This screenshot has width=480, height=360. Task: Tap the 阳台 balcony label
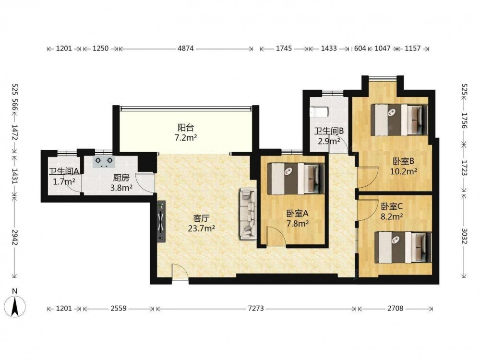coord(185,127)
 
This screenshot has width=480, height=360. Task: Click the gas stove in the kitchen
coord(103,162)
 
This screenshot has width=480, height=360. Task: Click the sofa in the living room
coord(248,214)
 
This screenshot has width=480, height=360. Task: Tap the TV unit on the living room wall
coord(161,221)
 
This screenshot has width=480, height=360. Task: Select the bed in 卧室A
coord(296,179)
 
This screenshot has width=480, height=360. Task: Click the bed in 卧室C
coord(403,247)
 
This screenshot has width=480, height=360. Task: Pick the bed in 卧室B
coord(399,120)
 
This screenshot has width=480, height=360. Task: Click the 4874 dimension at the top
coord(186,48)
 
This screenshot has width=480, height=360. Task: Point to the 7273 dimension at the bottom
coord(256,309)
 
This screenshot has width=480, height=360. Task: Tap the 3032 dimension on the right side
coord(464,236)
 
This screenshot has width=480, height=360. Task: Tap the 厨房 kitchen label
coord(121,178)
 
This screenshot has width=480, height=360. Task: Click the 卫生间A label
coord(64,172)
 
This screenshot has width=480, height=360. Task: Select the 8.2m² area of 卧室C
coord(392,217)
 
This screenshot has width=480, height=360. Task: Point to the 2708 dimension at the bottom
coord(395,309)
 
